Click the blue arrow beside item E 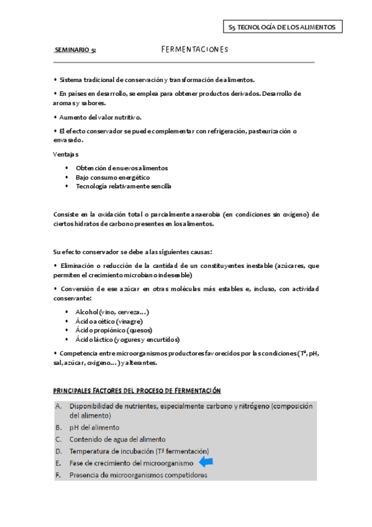pyautogui.click(x=205, y=462)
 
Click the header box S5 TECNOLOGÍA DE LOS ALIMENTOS pyautogui.click(x=282, y=27)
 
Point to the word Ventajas pyautogui.click(x=66, y=154)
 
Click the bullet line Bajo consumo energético pyautogui.click(x=112, y=177)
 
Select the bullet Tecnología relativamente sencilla pyautogui.click(x=123, y=186)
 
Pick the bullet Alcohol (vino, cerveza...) pyautogui.click(x=112, y=312)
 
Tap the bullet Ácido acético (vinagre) pyautogui.click(x=109, y=321)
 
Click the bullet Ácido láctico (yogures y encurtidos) pyautogui.click(x=127, y=340)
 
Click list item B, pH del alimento pyautogui.click(x=94, y=428)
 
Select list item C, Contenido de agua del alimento pyautogui.click(x=117, y=439)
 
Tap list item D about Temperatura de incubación pyautogui.click(x=139, y=451)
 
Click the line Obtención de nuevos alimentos pyautogui.click(x=122, y=168)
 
